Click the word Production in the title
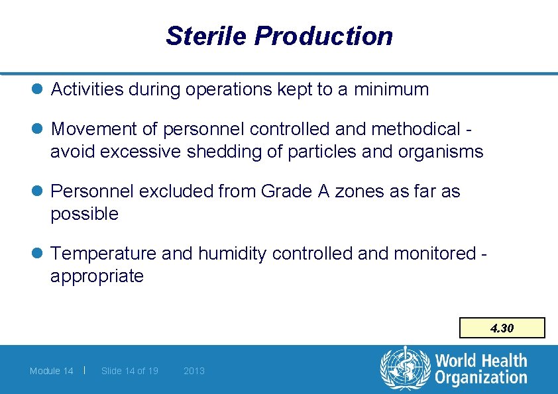click(x=323, y=36)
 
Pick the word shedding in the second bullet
click(x=215, y=152)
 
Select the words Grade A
click(x=296, y=191)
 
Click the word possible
click(x=84, y=214)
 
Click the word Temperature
click(x=103, y=254)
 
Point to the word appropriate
click(x=97, y=276)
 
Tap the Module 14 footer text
click(x=51, y=371)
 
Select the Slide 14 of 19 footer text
click(x=130, y=371)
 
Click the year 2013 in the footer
click(x=194, y=371)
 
